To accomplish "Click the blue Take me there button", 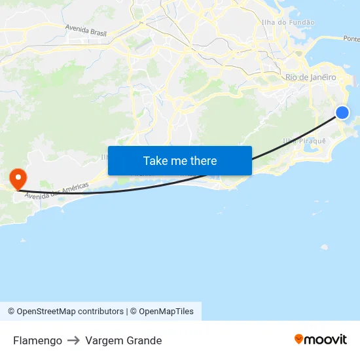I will (180, 160).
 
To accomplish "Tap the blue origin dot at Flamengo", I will (342, 113).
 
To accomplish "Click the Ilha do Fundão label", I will (288, 22).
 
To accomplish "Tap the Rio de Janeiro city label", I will (311, 77).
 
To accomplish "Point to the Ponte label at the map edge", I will (351, 39).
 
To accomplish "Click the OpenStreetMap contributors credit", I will (70, 312).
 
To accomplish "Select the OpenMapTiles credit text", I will (166, 312).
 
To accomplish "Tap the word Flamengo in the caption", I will (37, 340).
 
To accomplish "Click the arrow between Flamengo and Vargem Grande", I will (74, 340).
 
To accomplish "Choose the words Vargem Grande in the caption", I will (123, 340).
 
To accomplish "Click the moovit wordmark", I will (325, 339).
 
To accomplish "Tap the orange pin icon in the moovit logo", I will (299, 339).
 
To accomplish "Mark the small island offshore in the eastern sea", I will (324, 247).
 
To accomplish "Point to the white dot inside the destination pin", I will (17, 175).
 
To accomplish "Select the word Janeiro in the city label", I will (323, 77).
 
